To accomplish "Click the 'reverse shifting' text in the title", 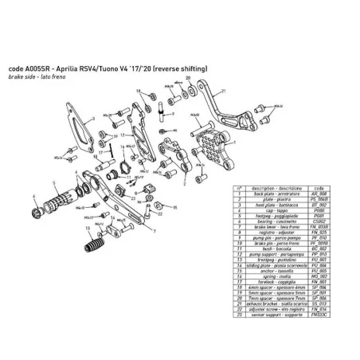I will point(182,69).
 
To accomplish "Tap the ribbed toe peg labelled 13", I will point(97,237).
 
